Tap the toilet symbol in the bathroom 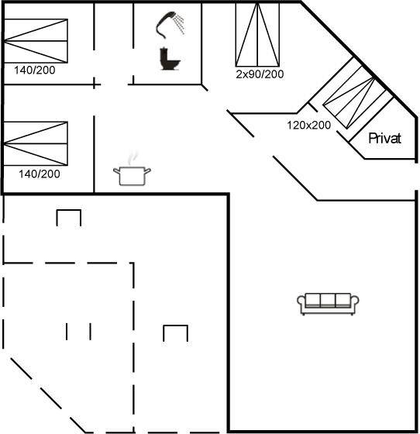[x=170, y=59]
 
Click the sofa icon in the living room [x=328, y=304]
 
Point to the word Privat [x=384, y=138]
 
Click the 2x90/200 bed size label [x=260, y=74]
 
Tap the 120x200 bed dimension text [x=308, y=125]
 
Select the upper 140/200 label [x=35, y=71]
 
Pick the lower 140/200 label [x=40, y=174]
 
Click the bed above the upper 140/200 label [x=36, y=41]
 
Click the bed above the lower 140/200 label [x=36, y=143]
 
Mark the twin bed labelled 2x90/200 [x=257, y=34]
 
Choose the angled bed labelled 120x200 [x=358, y=93]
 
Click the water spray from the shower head [x=180, y=24]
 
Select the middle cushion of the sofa [x=328, y=301]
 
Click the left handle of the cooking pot [x=116, y=171]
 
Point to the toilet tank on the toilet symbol [x=164, y=57]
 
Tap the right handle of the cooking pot [x=148, y=170]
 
